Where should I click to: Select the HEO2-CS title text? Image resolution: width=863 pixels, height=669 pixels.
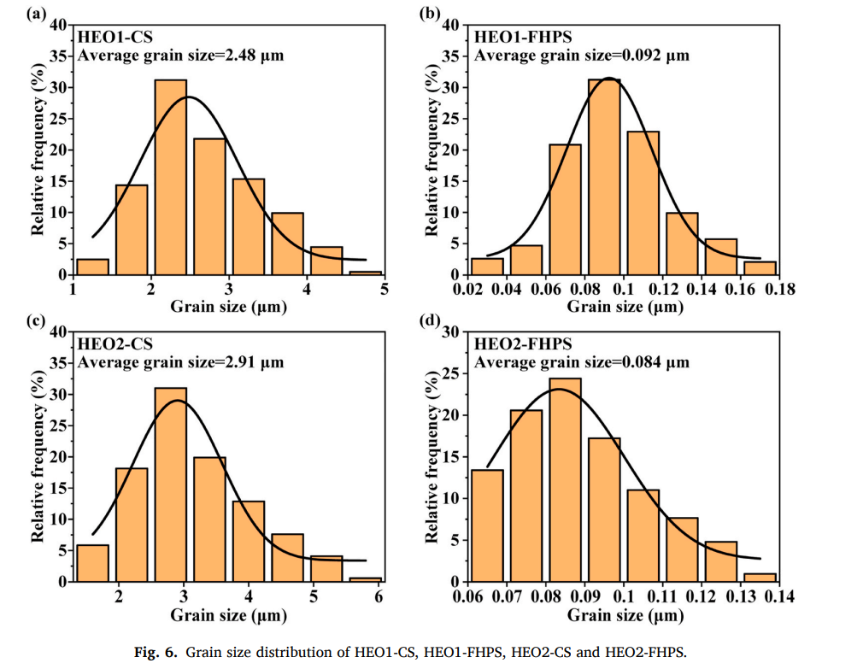click(115, 344)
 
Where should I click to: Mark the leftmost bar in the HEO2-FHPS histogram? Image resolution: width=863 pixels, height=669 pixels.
click(488, 525)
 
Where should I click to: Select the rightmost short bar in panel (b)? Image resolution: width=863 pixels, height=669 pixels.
click(760, 268)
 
